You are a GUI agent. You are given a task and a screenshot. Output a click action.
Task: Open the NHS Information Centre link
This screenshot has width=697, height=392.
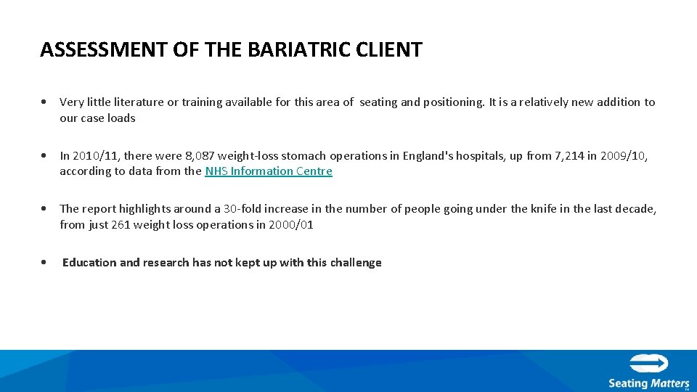[269, 171]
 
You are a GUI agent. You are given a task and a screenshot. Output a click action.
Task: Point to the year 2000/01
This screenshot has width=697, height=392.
[290, 225]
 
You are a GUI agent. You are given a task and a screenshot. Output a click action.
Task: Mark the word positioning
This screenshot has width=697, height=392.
[452, 102]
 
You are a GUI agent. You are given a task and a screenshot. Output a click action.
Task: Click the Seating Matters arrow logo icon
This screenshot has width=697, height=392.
[649, 364]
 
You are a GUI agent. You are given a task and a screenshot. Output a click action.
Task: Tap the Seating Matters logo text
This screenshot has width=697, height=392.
[648, 383]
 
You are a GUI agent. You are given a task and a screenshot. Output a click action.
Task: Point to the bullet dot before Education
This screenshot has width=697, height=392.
[46, 263]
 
